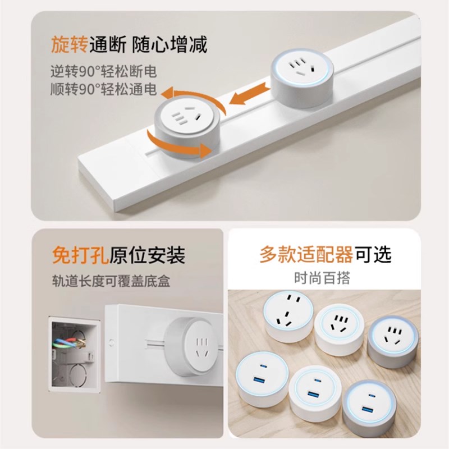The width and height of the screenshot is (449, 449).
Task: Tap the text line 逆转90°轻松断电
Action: point(102,72)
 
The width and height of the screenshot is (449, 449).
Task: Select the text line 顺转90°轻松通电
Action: point(102,90)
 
